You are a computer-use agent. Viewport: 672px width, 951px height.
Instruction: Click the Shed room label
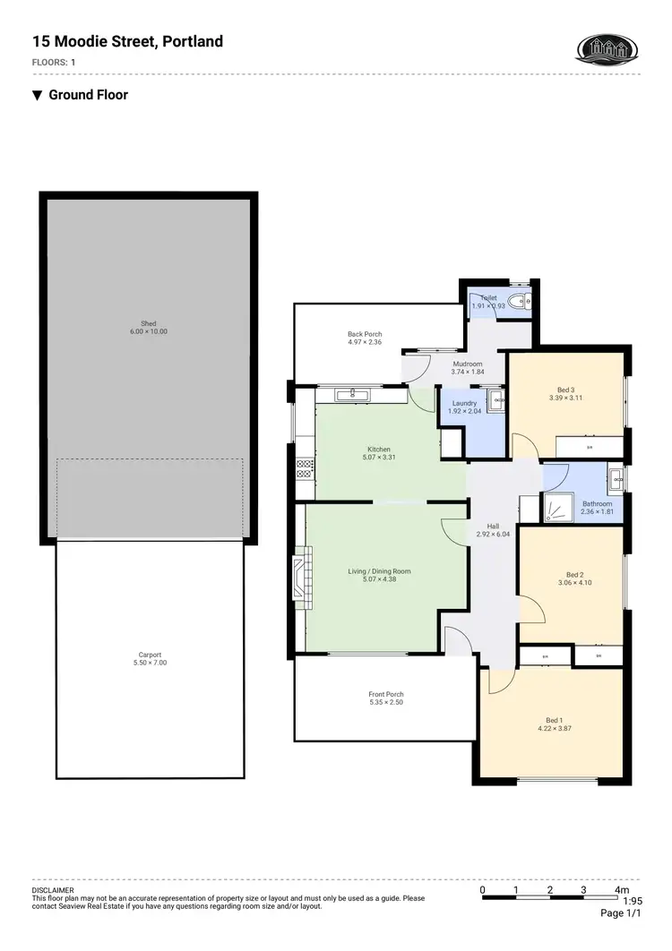[149, 323]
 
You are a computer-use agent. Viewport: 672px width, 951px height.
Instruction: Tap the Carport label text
[149, 655]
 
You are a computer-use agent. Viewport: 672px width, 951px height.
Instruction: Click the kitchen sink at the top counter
[353, 393]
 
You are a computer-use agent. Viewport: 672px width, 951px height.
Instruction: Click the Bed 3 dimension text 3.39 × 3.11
[564, 398]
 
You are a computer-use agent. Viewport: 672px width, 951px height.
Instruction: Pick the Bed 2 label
[574, 574]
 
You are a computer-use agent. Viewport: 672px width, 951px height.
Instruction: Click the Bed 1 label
[554, 720]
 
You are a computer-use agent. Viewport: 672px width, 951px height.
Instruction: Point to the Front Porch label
[386, 694]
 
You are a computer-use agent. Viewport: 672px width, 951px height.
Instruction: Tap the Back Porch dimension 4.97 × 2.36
[365, 342]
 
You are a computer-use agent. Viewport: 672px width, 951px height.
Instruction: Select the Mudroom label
[468, 364]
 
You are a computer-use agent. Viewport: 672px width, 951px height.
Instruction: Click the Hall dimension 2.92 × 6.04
[493, 535]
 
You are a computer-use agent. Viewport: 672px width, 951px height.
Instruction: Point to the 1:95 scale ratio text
[633, 901]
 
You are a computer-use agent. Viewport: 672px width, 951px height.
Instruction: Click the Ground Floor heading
[88, 95]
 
